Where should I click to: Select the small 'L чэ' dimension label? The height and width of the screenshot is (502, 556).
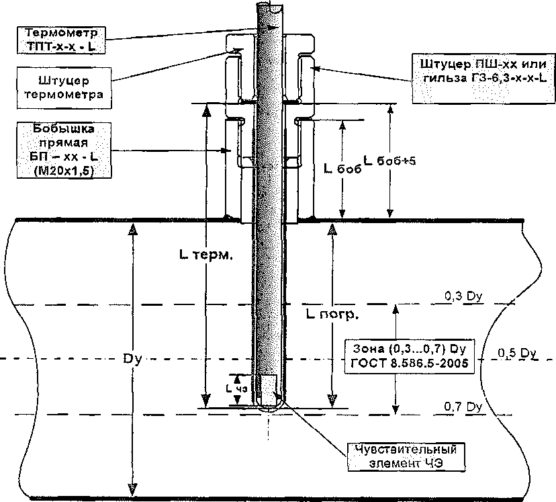coord(236,388)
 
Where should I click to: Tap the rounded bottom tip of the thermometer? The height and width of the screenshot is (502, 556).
coord(269,406)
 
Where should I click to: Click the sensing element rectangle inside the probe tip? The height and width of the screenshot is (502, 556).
coord(269,387)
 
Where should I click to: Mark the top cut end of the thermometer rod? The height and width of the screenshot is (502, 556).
coord(269,5)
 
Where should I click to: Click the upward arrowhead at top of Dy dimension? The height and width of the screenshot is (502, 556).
coord(133,230)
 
